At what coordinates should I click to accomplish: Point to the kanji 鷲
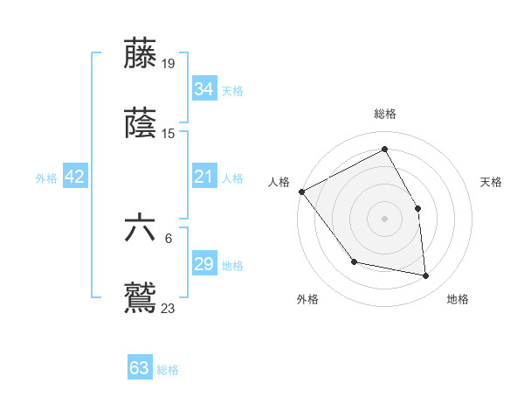141,296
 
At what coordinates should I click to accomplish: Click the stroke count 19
169,63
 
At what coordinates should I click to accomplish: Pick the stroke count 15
169,133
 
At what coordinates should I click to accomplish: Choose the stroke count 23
169,308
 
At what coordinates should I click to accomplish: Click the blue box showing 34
203,88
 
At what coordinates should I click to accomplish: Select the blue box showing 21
203,177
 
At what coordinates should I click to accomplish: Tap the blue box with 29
203,264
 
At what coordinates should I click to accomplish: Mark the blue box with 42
75,177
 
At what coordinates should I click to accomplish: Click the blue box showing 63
140,368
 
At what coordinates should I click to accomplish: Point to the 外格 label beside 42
46,178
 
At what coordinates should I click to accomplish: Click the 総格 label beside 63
168,369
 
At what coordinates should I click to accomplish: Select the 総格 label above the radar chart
384,114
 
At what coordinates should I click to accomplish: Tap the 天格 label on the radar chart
491,182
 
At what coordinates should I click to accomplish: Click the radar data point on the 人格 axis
301,192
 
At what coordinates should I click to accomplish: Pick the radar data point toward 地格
426,276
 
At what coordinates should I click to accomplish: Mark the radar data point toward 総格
384,150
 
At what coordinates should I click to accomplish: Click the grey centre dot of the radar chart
384,219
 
